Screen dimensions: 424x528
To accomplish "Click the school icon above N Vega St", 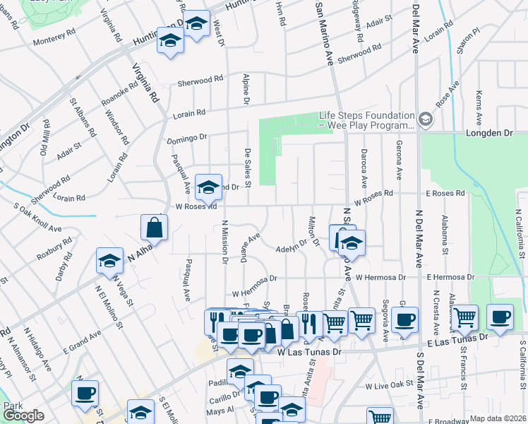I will (109, 261).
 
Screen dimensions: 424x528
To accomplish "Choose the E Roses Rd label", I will (445, 193).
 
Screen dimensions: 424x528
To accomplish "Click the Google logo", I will (24, 415).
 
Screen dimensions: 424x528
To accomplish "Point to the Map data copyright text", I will (498, 418).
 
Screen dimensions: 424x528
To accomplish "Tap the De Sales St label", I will (247, 164).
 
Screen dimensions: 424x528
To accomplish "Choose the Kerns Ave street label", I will (479, 108).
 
